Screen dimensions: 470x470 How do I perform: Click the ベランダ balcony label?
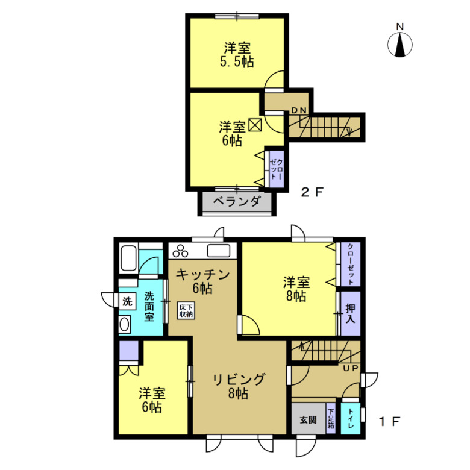[x=237, y=202]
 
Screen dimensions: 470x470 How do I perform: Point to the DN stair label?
[x=299, y=110]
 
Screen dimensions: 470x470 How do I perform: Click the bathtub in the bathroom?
[x=128, y=258]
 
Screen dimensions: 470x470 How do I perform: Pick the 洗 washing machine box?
[x=127, y=301]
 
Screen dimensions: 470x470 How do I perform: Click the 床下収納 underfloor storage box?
[x=186, y=311]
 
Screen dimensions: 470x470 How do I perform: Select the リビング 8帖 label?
[x=239, y=386]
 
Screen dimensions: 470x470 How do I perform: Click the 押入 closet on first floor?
[x=349, y=312]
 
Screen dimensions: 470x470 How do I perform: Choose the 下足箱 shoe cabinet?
[x=331, y=418]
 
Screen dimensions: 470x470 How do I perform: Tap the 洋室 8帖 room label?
[x=296, y=289]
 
